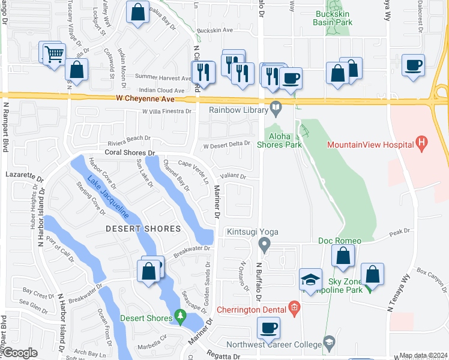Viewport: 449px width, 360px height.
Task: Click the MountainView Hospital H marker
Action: point(422,144)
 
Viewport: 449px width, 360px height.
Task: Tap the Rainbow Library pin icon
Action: point(276,109)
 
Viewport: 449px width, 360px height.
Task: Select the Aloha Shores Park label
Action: point(279,140)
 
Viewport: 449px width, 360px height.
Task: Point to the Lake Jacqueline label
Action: point(109,196)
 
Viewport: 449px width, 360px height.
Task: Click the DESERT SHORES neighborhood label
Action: point(143,229)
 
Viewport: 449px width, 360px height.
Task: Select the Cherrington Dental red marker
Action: point(294,310)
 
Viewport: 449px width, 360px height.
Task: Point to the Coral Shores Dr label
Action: point(130,153)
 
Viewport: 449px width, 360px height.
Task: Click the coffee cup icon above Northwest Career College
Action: point(268,328)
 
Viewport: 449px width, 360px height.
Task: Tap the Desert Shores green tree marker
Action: point(179,316)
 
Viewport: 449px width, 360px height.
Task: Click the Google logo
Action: point(20,353)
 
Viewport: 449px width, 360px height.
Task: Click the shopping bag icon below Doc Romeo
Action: point(342,257)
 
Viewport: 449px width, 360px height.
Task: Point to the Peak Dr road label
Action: point(399,231)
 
